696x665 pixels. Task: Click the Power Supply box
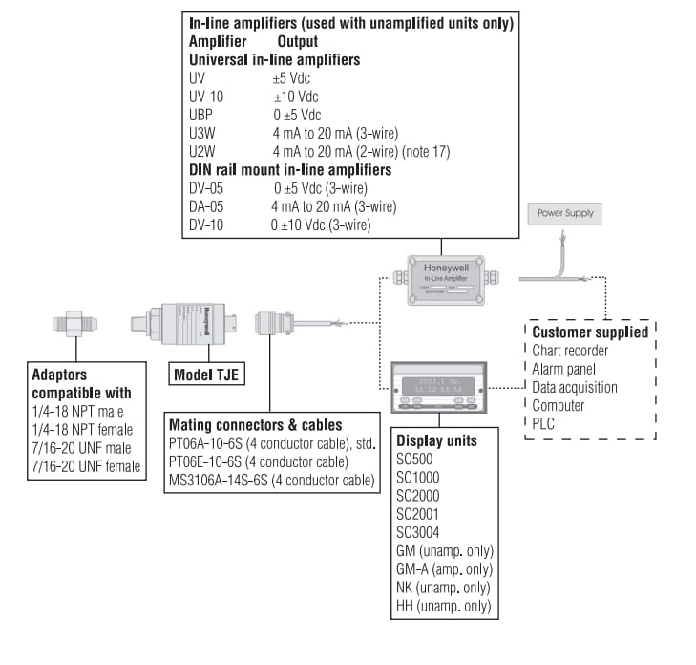565,214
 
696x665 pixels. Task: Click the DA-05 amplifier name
207,206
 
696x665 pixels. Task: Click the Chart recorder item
570,351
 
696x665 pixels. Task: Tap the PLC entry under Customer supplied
543,423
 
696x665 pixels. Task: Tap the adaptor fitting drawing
72,325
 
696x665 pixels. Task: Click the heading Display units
436,442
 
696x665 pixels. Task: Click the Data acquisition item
575,387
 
